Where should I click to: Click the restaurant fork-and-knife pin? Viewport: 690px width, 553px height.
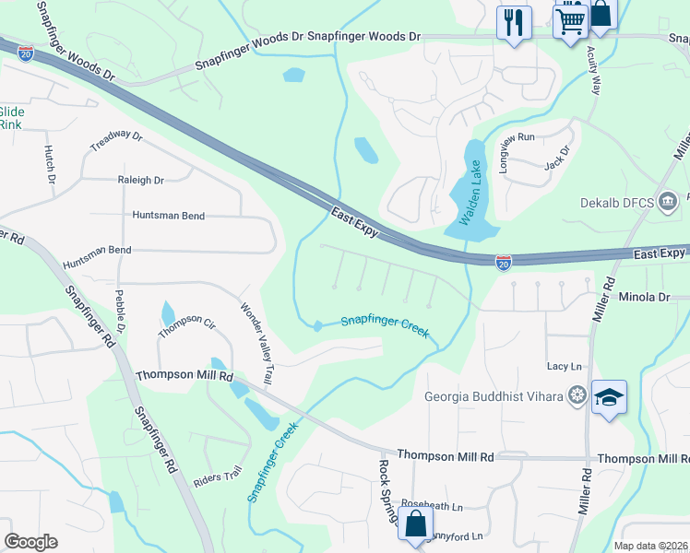(x=514, y=21)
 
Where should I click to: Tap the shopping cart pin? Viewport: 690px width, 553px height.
(x=571, y=20)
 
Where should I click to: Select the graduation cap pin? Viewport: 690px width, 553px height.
(x=609, y=397)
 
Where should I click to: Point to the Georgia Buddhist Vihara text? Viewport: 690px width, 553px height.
(x=493, y=397)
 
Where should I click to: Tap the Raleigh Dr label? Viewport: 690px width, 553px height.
(x=140, y=181)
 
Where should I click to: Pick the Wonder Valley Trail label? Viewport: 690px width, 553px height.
(x=257, y=332)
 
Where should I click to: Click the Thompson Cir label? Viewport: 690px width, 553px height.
(x=185, y=324)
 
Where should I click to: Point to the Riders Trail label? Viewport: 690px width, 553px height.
(x=217, y=477)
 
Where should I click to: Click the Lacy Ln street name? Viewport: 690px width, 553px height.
(x=564, y=367)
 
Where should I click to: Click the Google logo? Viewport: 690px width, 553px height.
(x=30, y=542)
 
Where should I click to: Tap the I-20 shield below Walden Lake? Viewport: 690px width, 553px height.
(x=504, y=263)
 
